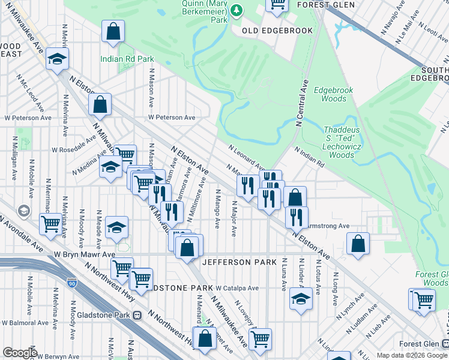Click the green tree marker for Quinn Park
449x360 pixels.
237,10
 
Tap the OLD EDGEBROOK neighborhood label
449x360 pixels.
269,30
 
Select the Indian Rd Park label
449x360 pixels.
127,59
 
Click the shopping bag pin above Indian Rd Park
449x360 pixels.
113,32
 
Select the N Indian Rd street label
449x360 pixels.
309,156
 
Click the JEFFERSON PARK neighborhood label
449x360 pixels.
239,262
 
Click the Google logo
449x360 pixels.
19,353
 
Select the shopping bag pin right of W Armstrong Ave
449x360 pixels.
358,244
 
